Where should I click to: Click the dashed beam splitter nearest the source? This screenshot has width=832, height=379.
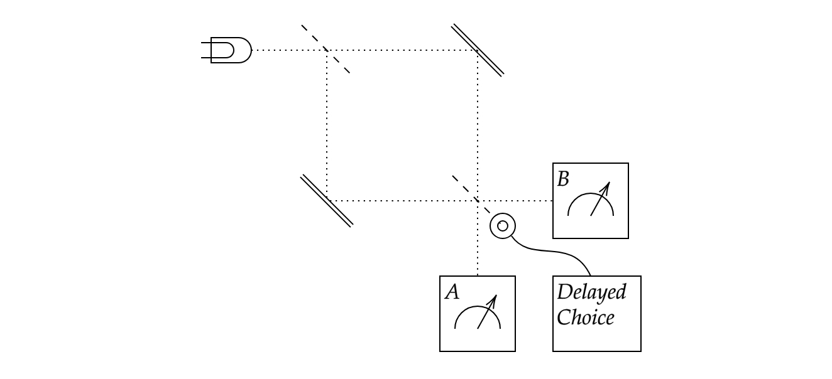326,50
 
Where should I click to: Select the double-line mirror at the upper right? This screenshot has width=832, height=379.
478,50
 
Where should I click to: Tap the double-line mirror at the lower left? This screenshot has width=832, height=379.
327,200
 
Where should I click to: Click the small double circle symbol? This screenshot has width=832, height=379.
503,226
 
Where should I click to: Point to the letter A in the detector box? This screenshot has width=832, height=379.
452,292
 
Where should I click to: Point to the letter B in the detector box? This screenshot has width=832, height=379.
564,179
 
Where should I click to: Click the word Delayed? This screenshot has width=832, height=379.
591,292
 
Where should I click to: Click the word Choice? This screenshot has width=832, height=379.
585,317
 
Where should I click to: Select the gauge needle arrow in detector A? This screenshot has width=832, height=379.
487,312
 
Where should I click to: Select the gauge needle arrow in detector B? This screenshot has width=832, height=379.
600,199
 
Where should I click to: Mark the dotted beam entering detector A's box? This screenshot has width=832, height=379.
478,257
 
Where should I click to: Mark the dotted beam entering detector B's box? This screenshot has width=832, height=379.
528,201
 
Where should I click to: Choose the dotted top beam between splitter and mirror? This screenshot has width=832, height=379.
402,50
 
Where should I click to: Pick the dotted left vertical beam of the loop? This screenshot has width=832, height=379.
327,125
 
